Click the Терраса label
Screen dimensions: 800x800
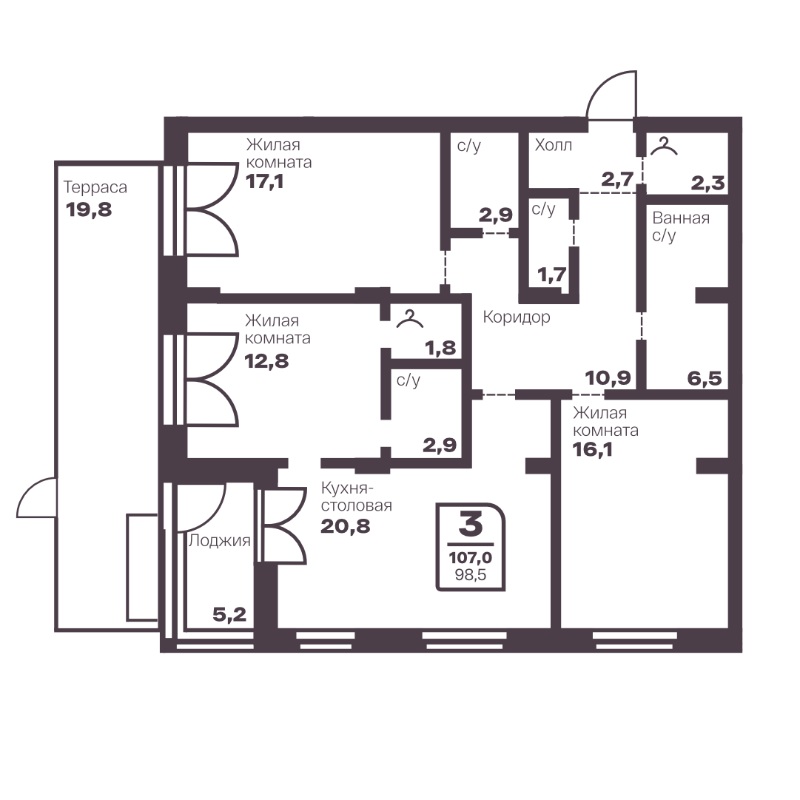[95, 187]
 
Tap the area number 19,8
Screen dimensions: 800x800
[89, 209]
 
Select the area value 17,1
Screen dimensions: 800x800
[264, 181]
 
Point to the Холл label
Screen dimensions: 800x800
[553, 145]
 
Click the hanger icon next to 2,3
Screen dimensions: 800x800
[664, 146]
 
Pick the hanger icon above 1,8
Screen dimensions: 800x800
[410, 318]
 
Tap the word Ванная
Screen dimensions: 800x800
[681, 218]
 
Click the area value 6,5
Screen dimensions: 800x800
[705, 379]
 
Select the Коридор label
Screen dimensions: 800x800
[517, 317]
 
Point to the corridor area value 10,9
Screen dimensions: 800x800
[608, 378]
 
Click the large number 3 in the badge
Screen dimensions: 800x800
[470, 524]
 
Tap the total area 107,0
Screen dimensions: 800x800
[471, 558]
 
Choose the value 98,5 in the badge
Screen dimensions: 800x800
[471, 575]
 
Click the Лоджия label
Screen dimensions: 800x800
[219, 540]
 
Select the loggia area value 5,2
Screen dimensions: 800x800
[229, 615]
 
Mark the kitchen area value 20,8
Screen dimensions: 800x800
[346, 526]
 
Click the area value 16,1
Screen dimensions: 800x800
[592, 449]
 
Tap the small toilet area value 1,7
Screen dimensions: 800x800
[552, 275]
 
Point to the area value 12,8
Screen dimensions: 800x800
[267, 361]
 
